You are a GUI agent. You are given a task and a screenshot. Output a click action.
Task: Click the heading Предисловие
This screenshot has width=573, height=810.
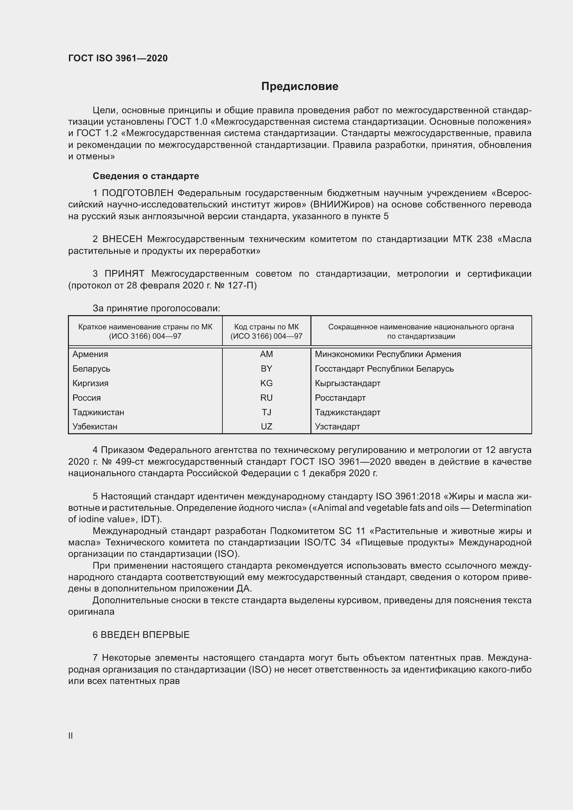tap(300, 87)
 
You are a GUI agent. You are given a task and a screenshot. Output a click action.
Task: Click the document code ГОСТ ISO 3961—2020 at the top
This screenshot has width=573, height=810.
tap(118, 58)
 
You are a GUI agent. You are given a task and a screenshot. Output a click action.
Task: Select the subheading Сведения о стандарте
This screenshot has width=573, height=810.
tap(146, 176)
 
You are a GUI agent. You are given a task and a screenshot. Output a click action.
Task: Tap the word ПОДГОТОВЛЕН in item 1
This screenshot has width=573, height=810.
tap(138, 193)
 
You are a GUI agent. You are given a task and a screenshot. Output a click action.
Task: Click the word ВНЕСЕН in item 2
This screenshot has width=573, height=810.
tap(122, 239)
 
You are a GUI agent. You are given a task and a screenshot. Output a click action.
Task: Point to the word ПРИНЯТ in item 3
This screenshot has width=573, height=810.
tap(124, 274)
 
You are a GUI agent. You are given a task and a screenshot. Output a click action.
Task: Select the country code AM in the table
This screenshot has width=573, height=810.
tap(266, 354)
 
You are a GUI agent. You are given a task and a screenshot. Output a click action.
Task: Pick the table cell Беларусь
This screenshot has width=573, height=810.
tap(91, 369)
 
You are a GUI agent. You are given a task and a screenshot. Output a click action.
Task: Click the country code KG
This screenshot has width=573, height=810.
tap(266, 383)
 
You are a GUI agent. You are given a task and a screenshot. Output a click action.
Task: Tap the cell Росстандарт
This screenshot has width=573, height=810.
tap(340, 398)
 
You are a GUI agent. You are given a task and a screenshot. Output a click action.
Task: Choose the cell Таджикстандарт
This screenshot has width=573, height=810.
tap(347, 412)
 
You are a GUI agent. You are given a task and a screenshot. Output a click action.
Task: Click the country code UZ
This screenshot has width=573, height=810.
tap(266, 427)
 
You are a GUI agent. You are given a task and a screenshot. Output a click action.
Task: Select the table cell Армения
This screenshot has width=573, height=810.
tap(90, 354)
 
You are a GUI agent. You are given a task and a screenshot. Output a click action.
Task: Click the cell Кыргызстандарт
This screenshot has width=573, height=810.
tap(347, 383)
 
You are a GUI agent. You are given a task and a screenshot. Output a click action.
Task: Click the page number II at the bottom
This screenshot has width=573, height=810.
tap(71, 736)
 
